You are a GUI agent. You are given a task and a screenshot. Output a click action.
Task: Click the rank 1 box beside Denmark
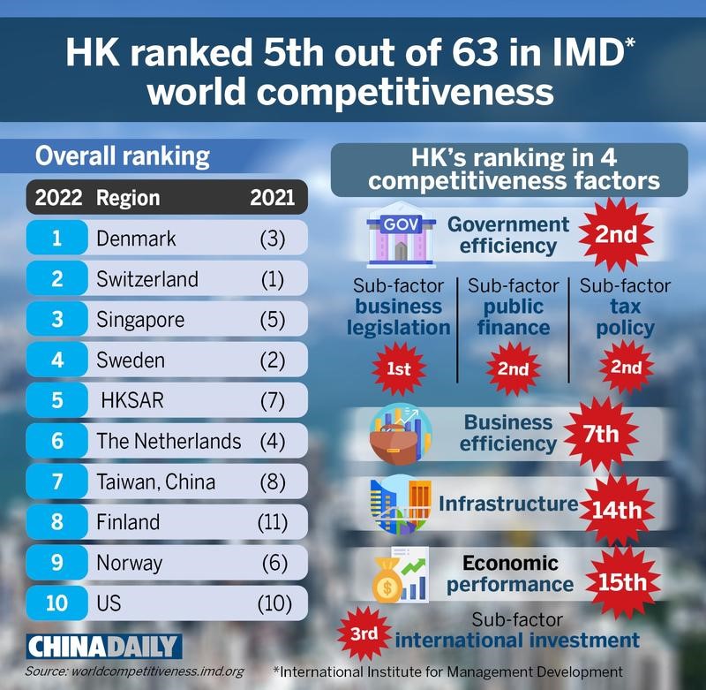click(x=56, y=239)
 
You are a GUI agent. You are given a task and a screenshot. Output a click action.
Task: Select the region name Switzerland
click(x=147, y=279)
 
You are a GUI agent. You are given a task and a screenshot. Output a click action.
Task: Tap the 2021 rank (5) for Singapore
click(x=273, y=320)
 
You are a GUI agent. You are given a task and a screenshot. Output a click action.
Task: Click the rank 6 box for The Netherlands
click(x=56, y=441)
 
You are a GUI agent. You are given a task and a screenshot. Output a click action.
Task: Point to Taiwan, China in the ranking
click(x=156, y=481)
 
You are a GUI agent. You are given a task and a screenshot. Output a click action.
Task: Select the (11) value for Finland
click(x=273, y=522)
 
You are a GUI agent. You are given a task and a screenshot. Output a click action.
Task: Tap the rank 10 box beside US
click(x=56, y=603)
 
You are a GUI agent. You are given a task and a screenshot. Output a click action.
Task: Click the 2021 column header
click(x=273, y=197)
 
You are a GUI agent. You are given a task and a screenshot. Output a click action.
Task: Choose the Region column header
click(x=128, y=197)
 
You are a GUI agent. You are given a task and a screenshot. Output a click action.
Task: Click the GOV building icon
click(x=395, y=234)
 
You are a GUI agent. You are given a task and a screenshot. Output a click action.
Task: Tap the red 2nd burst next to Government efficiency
click(x=615, y=235)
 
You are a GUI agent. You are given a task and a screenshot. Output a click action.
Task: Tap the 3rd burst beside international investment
click(x=364, y=634)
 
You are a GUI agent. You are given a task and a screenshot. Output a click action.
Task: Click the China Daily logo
click(x=103, y=646)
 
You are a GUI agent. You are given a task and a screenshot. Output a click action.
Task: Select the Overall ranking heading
click(x=122, y=157)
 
